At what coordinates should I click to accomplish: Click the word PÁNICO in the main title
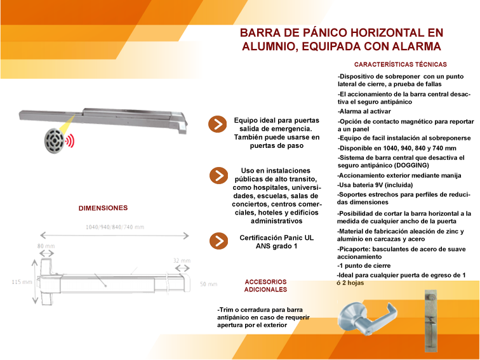pos(316,33)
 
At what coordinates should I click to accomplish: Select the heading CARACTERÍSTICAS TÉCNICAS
pos(400,64)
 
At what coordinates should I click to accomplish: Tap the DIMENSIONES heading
pos(103,208)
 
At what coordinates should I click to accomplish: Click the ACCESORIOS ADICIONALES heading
pos(265,285)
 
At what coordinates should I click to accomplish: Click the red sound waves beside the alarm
pos(70,140)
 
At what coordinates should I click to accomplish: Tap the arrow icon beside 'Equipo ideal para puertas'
pos(218,124)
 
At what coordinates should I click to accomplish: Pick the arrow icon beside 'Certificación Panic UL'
pos(218,241)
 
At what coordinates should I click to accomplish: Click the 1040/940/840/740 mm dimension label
pos(115,227)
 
